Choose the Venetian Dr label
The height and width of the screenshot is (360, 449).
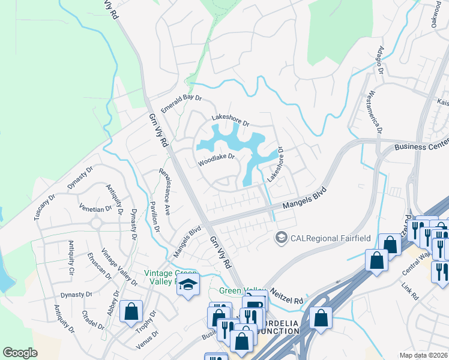pos(95,209)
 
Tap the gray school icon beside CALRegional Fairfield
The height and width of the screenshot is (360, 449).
pos(280,238)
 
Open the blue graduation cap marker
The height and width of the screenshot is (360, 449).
pos(187,285)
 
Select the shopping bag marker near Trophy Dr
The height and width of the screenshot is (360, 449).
pos(131,312)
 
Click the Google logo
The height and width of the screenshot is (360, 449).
pos(20,353)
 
